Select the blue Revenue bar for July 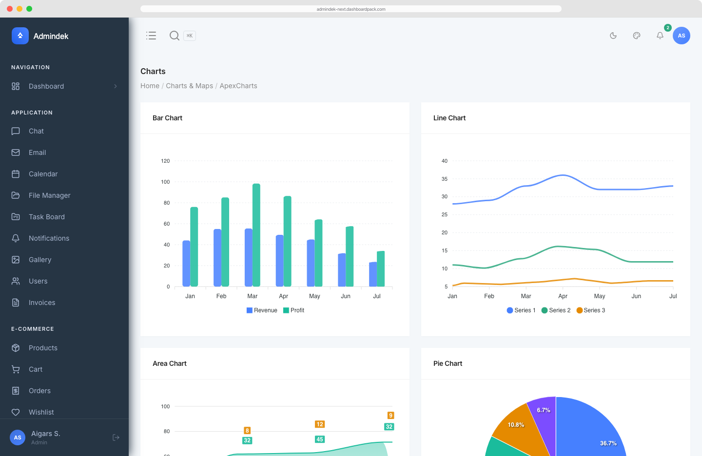(373, 274)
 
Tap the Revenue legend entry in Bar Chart (262, 310)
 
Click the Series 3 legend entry (591, 310)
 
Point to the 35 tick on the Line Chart (445, 179)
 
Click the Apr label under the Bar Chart (283, 296)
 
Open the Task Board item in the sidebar (47, 217)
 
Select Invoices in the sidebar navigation (42, 303)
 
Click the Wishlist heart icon (16, 412)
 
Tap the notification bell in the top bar (660, 36)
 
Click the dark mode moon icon (613, 36)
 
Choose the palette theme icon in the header (637, 36)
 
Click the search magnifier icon (174, 36)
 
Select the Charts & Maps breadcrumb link (189, 86)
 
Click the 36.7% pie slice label (608, 443)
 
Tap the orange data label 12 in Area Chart (320, 424)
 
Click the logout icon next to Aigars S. (116, 437)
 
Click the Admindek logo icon (20, 36)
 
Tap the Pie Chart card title (448, 363)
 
